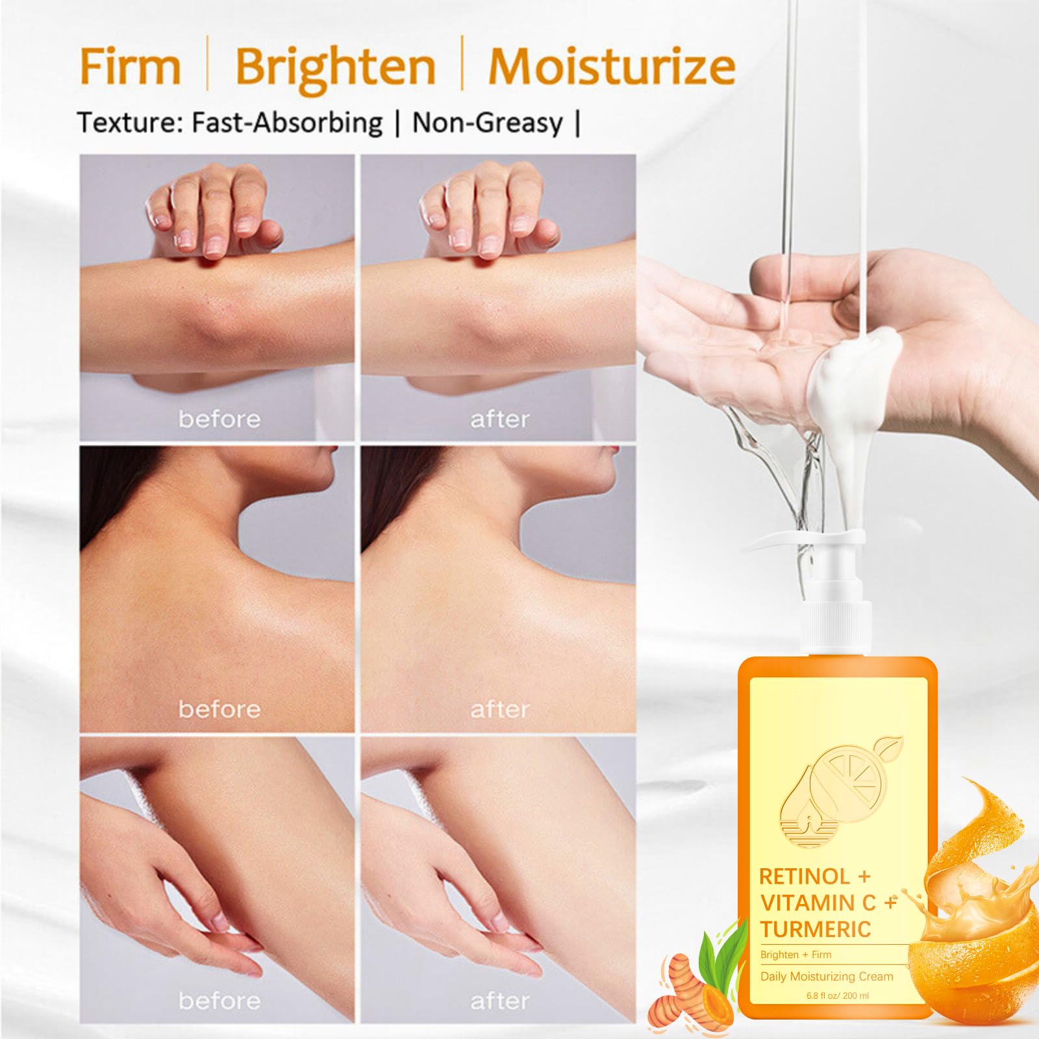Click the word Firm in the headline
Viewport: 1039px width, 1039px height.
click(130, 66)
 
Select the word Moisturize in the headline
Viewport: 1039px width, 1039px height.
click(612, 66)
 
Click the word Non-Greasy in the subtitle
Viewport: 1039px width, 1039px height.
click(488, 123)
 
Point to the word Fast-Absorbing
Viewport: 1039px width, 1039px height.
click(286, 123)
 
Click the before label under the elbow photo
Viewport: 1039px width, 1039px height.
click(219, 419)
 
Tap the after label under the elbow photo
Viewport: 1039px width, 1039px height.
click(499, 419)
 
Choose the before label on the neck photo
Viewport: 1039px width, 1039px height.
click(219, 709)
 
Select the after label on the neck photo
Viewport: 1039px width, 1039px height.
click(499, 709)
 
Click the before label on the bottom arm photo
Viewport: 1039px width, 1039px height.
click(219, 1001)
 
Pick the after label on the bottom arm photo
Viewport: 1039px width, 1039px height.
click(499, 1001)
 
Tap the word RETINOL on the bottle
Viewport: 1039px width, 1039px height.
click(804, 877)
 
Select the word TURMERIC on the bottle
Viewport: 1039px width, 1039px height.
click(816, 929)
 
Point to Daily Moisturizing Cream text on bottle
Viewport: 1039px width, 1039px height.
click(827, 976)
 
